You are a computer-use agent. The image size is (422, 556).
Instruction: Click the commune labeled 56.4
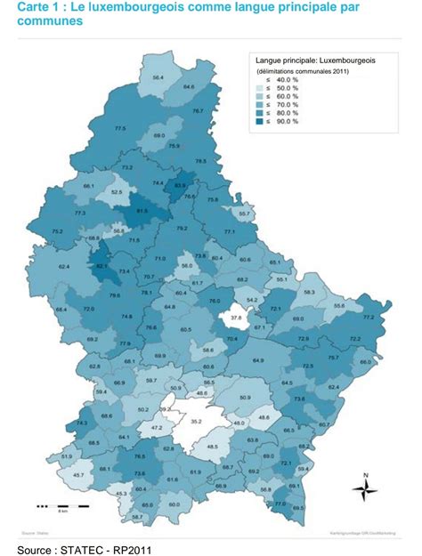[x=158, y=79]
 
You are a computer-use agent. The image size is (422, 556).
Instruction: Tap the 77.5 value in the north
[x=121, y=129]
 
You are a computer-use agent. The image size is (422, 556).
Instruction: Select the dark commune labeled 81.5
[x=141, y=211]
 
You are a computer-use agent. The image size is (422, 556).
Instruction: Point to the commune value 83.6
[x=180, y=186]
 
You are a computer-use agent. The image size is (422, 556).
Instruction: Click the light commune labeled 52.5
[x=115, y=191]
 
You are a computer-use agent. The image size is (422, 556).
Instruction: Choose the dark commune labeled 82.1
[x=101, y=265]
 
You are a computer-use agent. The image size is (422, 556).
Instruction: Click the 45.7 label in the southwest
[x=78, y=476]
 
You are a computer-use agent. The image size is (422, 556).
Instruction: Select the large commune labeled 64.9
[x=258, y=360]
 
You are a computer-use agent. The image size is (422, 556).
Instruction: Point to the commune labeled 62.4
[x=64, y=266]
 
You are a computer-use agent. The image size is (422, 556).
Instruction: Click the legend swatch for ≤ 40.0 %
[x=261, y=81]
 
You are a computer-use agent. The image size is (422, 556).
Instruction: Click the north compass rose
[x=365, y=488]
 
